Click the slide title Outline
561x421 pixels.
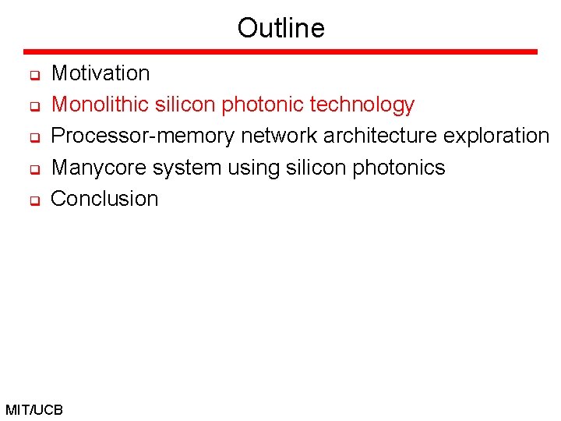point(280,28)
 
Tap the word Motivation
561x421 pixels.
point(100,73)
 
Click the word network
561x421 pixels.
point(279,136)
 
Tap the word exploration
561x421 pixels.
point(496,136)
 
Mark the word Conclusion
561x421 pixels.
point(104,199)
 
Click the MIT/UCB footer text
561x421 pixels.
point(34,409)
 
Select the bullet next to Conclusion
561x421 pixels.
point(34,201)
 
